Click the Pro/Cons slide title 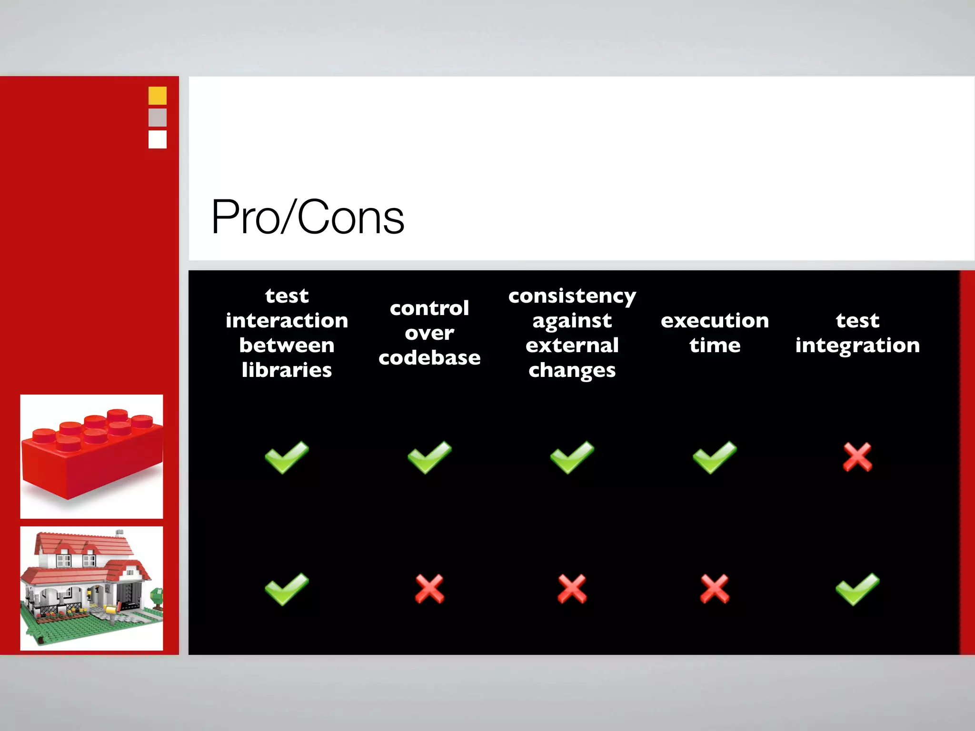tap(308, 217)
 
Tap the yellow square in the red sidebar tap(158, 96)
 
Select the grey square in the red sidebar tap(158, 118)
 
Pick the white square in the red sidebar tap(158, 139)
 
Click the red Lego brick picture tap(91, 456)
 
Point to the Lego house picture tap(91, 588)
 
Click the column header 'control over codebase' tap(429, 333)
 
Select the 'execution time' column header tap(715, 333)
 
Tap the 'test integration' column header tap(857, 333)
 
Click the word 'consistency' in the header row tap(572, 296)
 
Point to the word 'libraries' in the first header tap(287, 370)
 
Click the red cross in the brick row tap(857, 457)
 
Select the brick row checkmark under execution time tap(715, 457)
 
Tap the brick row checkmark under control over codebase tap(429, 457)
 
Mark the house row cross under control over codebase tap(429, 589)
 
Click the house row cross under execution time tap(715, 589)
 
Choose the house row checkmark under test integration tap(857, 589)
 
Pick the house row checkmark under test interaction tap(287, 589)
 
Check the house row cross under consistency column tap(572, 589)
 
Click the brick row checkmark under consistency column tap(572, 457)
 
